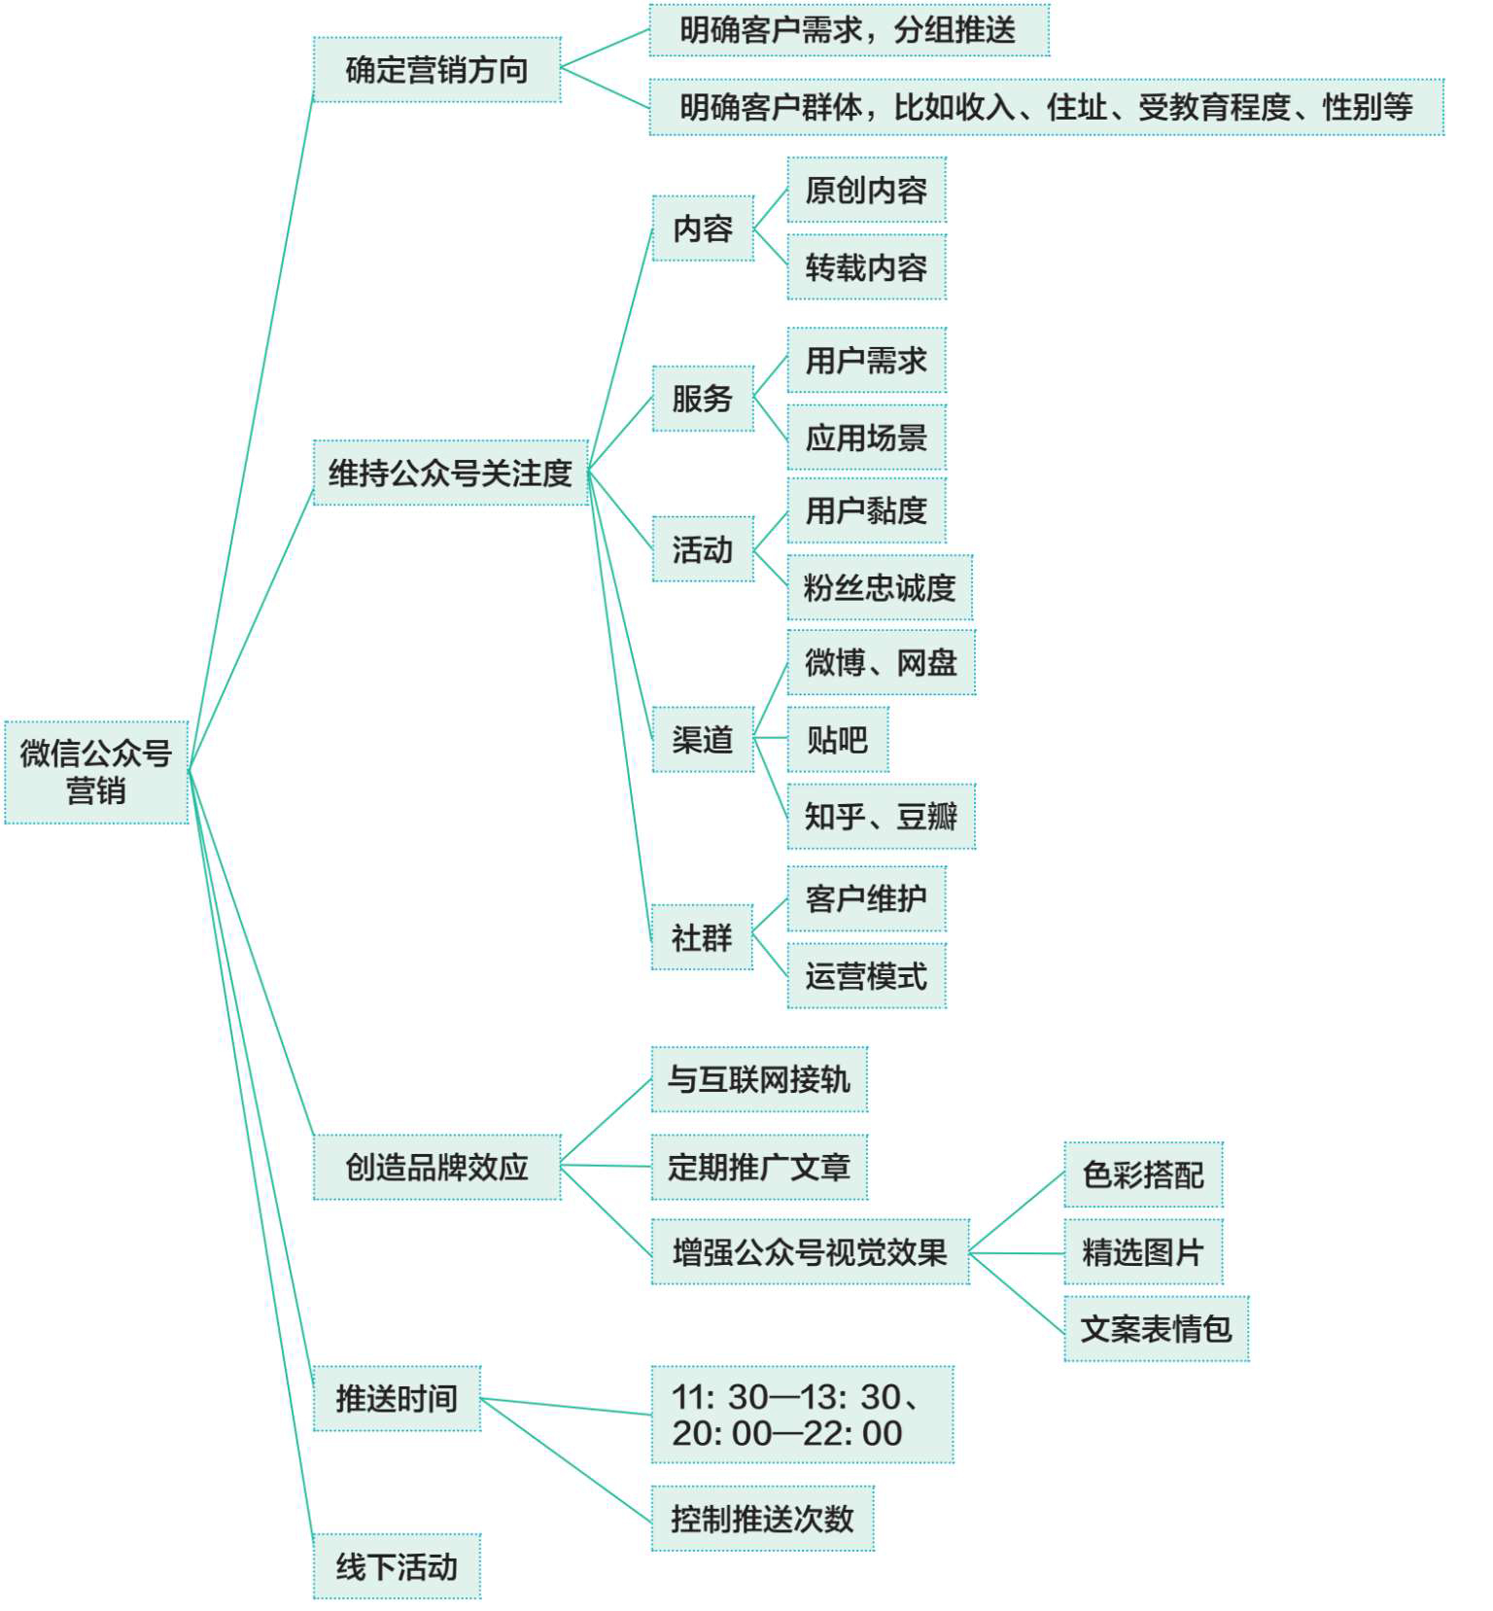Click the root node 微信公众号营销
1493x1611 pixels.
click(x=96, y=772)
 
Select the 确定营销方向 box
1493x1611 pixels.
click(x=436, y=70)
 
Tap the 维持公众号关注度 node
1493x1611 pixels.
click(x=450, y=473)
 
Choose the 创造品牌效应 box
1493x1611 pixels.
click(x=436, y=1167)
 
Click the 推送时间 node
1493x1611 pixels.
click(x=397, y=1398)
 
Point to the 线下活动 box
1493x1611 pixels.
click(x=397, y=1566)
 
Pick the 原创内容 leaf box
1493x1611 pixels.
click(x=866, y=190)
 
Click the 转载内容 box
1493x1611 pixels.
click(x=866, y=266)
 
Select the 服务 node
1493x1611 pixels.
click(x=703, y=399)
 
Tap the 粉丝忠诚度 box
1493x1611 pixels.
click(x=880, y=587)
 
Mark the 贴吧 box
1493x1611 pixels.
click(x=837, y=740)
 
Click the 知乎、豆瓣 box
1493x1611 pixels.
click(x=881, y=817)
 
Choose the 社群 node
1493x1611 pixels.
click(x=702, y=937)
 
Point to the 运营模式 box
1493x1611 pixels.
click(x=866, y=975)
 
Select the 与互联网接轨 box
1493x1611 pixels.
click(x=759, y=1079)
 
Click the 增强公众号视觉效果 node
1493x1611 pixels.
click(x=810, y=1252)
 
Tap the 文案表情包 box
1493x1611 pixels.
click(x=1156, y=1328)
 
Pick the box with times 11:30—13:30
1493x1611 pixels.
click(x=802, y=1415)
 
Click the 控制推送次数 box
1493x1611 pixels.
click(x=762, y=1519)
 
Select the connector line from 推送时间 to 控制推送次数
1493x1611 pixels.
click(x=566, y=1460)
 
